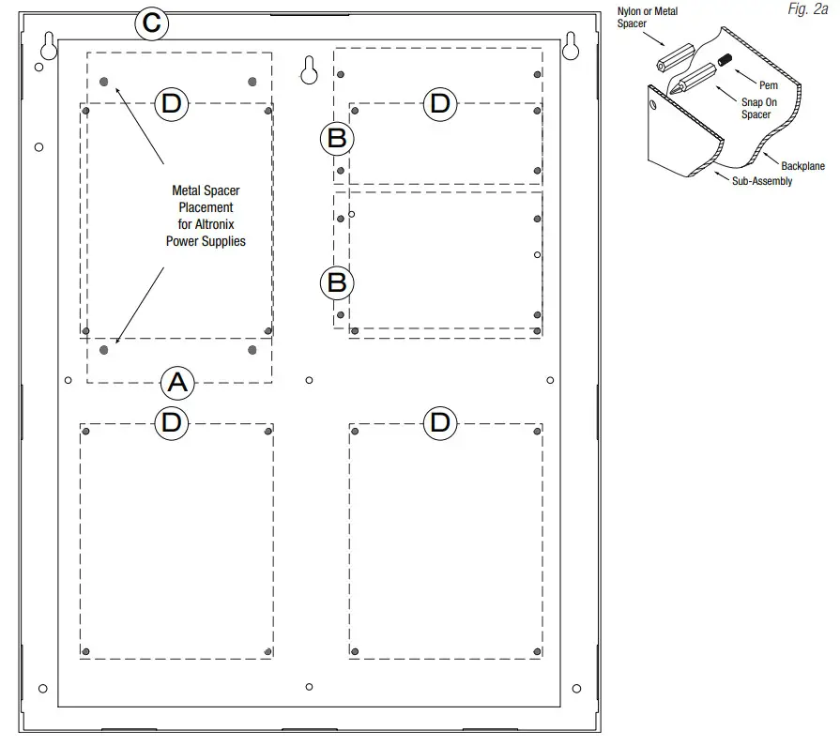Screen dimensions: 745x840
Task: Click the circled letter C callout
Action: pyautogui.click(x=151, y=23)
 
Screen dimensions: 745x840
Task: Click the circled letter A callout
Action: pyautogui.click(x=177, y=382)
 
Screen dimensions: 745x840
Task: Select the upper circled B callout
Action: pyautogui.click(x=336, y=139)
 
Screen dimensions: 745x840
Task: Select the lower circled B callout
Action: pyautogui.click(x=336, y=282)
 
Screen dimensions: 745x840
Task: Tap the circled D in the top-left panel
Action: pyautogui.click(x=171, y=103)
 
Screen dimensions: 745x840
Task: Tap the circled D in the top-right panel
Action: pyautogui.click(x=439, y=103)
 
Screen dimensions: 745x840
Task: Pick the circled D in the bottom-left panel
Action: pyautogui.click(x=171, y=423)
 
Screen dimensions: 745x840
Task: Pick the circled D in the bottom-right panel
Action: pyautogui.click(x=439, y=423)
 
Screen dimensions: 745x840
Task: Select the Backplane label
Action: pyautogui.click(x=802, y=166)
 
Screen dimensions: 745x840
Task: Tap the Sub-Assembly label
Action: pyautogui.click(x=761, y=181)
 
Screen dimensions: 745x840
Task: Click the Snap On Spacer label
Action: pyautogui.click(x=755, y=108)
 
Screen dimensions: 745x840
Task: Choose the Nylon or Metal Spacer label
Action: pyautogui.click(x=648, y=17)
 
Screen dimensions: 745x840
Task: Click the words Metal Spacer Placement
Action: pyautogui.click(x=206, y=199)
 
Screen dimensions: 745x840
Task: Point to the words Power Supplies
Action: pyautogui.click(x=206, y=241)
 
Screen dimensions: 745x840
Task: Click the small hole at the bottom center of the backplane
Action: pyautogui.click(x=310, y=687)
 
